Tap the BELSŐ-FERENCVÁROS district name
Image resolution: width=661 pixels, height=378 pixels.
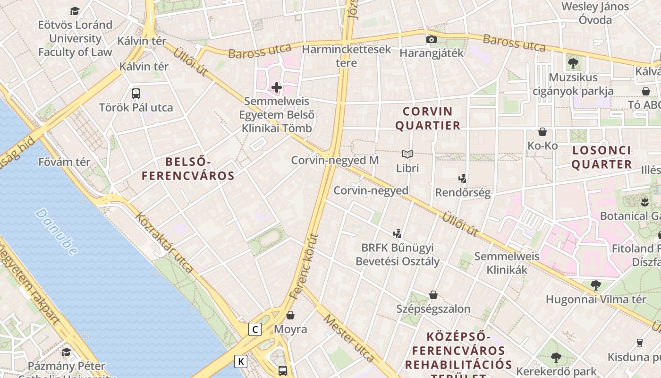point(188,169)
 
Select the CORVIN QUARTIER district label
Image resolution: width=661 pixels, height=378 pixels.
point(427,119)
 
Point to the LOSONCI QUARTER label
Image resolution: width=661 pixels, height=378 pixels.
point(602,157)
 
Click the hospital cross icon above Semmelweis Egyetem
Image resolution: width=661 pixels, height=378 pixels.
point(277,87)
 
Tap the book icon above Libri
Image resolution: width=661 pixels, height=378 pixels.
point(407,154)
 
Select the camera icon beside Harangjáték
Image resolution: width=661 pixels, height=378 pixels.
point(431,39)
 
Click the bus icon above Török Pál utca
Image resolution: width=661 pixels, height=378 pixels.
point(136,93)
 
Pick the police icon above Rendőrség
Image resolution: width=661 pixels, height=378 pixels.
point(463,179)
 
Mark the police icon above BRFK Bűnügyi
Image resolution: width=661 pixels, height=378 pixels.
point(398,233)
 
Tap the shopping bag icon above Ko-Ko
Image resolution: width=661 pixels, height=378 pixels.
point(542,132)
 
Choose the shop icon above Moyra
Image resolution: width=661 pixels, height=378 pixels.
point(290,315)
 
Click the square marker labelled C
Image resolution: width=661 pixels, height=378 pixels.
point(255,329)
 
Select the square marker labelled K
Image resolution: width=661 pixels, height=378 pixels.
point(241,362)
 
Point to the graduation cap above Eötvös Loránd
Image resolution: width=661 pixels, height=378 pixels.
point(75,11)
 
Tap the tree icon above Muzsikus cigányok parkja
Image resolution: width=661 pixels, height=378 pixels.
point(573,63)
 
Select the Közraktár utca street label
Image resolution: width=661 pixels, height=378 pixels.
point(164,243)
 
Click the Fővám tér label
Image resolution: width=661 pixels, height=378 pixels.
point(64,162)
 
